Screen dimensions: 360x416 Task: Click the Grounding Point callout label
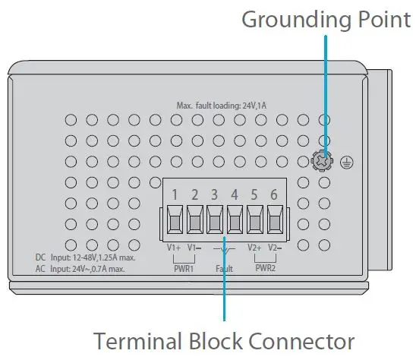[x=326, y=20]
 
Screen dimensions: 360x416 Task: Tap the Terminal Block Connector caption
[x=224, y=339]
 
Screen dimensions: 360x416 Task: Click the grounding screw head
[x=324, y=161]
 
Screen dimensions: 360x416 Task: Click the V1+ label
[x=174, y=247]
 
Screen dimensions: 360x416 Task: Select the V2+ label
[x=254, y=247]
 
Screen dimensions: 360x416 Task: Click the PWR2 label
[x=265, y=267]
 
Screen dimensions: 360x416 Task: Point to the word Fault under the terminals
[x=224, y=268]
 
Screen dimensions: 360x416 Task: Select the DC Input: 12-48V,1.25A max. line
[x=85, y=257]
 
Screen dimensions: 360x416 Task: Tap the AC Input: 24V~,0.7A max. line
[x=85, y=269]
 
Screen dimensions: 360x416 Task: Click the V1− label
[x=194, y=247]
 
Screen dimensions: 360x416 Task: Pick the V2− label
[x=275, y=247]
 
